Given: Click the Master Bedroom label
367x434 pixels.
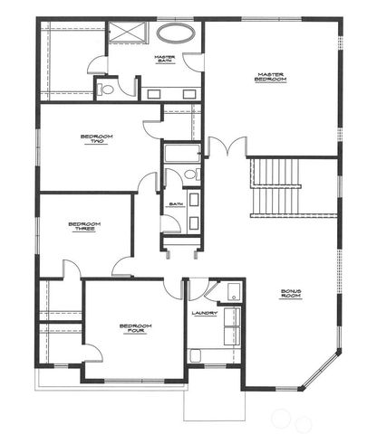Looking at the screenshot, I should click(272, 79).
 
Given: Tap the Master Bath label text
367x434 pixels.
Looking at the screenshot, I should click(164, 60).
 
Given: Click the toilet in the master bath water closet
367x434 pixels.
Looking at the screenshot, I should click(106, 90).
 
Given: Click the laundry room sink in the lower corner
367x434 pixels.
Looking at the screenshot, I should click(196, 354).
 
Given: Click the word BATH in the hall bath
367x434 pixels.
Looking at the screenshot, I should click(175, 204).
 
